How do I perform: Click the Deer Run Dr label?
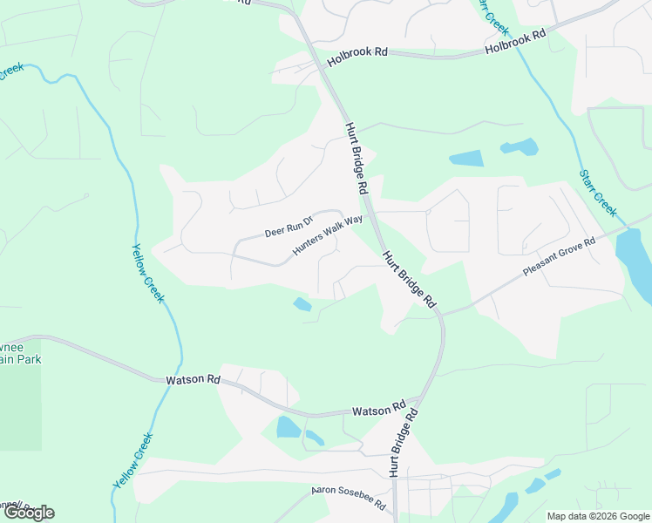click(x=289, y=228)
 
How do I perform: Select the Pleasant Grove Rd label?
click(x=559, y=257)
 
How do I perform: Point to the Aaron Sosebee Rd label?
click(x=349, y=499)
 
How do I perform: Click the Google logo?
click(x=29, y=513)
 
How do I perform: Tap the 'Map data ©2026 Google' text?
click(x=598, y=516)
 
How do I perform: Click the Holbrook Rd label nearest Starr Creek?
click(x=515, y=41)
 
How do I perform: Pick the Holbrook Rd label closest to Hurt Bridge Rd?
click(x=357, y=58)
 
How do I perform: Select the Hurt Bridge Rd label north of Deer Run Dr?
click(x=356, y=158)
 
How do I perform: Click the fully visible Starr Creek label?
click(x=598, y=193)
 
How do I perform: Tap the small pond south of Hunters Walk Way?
click(x=302, y=304)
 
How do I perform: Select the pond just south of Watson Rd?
click(x=288, y=427)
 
